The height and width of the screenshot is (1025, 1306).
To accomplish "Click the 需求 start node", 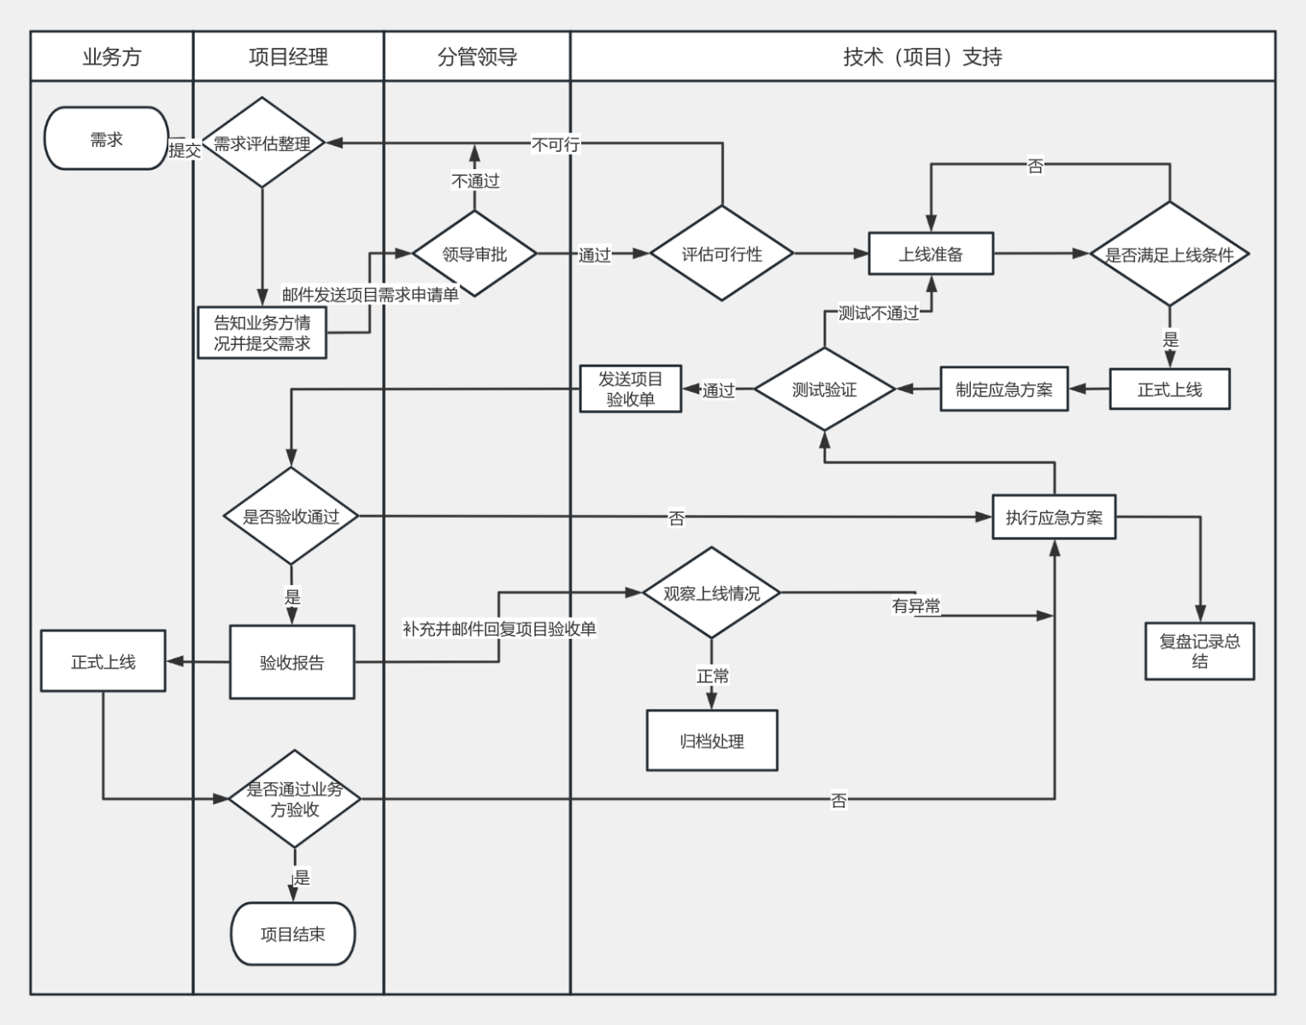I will (x=106, y=138).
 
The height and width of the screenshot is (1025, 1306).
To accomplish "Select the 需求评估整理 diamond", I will (x=262, y=143).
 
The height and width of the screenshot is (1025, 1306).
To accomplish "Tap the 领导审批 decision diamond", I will (x=474, y=254).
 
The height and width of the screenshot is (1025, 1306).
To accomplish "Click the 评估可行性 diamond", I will (x=721, y=254).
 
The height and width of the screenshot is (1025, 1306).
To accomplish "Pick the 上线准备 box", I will (x=931, y=254).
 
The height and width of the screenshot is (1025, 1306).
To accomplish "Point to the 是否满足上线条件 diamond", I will (x=1169, y=254).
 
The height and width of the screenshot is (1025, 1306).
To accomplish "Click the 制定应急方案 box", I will (x=1003, y=389).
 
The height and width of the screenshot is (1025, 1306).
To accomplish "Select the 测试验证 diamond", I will (x=824, y=389).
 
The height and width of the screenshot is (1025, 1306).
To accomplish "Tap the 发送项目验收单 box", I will (x=630, y=389).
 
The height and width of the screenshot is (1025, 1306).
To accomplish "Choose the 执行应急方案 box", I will (x=1054, y=517).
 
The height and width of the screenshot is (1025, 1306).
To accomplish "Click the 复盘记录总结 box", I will (x=1199, y=651).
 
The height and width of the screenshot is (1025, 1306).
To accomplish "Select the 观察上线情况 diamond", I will (x=711, y=593).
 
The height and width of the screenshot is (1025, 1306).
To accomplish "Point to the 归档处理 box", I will (x=712, y=741).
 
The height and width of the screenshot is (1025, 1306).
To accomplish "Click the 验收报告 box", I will (x=291, y=662).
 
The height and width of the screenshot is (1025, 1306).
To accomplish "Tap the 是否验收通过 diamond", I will (x=291, y=516).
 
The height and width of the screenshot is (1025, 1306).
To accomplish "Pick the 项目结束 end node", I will (x=292, y=934).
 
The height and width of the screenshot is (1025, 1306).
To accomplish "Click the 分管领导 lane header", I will (x=477, y=57).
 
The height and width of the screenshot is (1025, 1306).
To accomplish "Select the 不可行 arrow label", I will (x=556, y=144).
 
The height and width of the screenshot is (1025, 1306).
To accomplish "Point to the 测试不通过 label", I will (x=879, y=313).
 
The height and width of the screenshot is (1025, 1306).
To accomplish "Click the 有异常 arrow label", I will (x=915, y=606).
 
